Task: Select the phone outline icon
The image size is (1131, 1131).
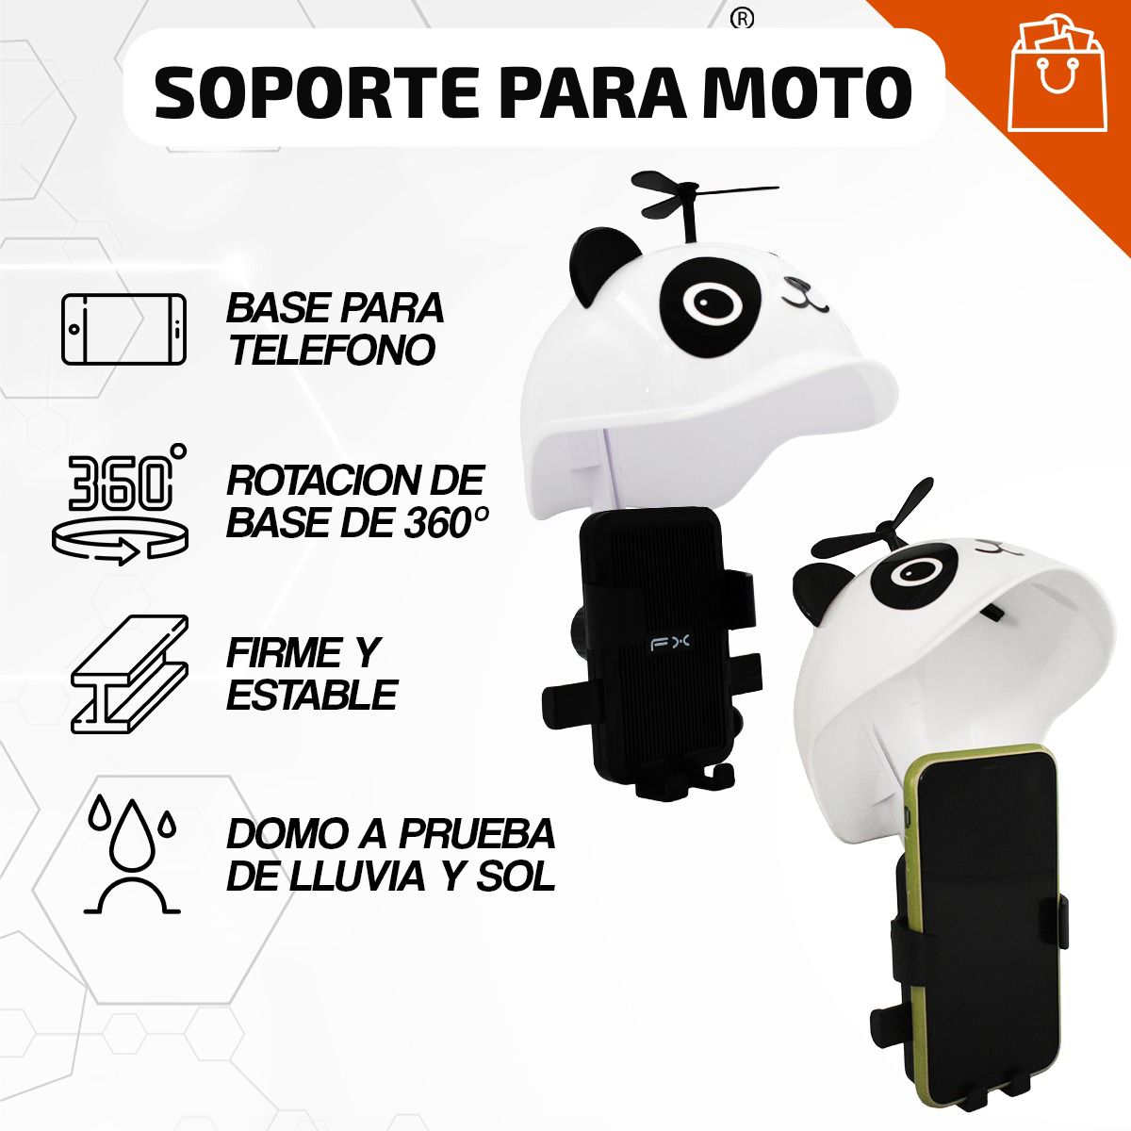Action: (123, 329)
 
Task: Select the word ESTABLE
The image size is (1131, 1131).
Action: (311, 696)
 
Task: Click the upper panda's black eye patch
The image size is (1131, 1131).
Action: (708, 301)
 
